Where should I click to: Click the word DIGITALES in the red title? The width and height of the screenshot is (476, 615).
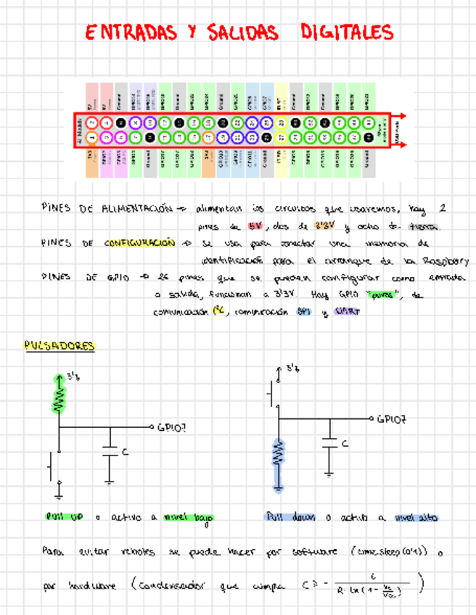[x=347, y=33]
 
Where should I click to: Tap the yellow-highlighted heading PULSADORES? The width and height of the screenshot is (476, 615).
[x=59, y=347]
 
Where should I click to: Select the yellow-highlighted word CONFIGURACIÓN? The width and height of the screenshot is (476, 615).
[x=140, y=244]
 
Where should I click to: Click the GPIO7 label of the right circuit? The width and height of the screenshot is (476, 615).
[x=393, y=418]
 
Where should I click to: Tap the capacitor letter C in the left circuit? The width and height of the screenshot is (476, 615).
[x=125, y=453]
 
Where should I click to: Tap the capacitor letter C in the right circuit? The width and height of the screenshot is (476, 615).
[x=344, y=443]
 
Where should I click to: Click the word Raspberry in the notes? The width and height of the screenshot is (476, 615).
[x=444, y=261]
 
